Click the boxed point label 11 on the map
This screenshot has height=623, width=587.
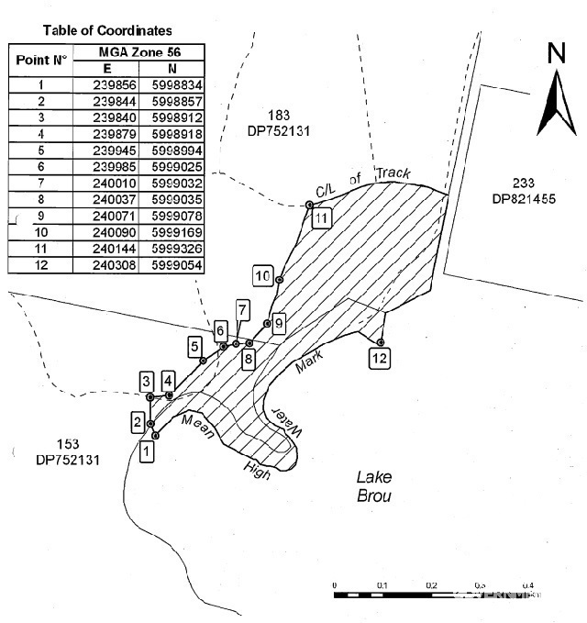tap(321, 218)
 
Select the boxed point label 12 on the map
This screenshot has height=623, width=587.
tap(381, 360)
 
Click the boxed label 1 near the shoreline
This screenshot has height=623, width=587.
tap(147, 451)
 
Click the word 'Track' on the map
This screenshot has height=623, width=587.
tap(404, 174)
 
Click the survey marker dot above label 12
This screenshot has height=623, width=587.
tap(381, 342)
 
